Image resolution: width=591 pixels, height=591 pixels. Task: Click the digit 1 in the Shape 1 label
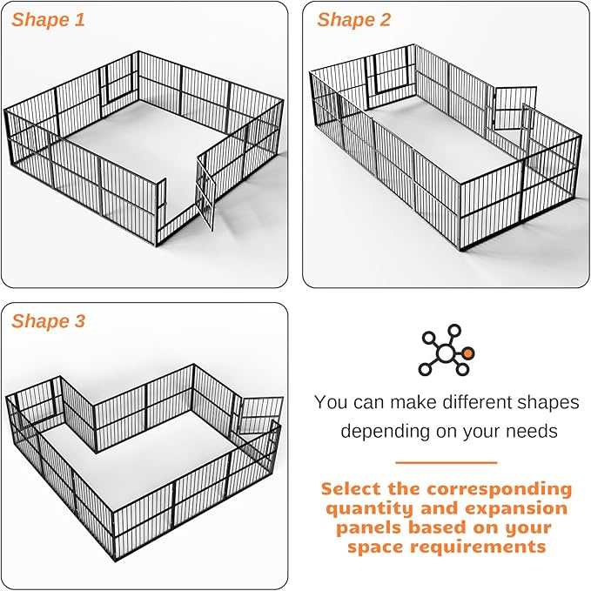tap(80, 20)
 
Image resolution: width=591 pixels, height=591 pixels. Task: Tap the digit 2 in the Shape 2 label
tap(385, 20)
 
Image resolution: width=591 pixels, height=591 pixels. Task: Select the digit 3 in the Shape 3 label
tap(80, 321)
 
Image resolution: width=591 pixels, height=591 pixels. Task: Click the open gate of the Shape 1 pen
tap(205, 191)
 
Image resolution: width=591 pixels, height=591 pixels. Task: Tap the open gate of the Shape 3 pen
tap(262, 413)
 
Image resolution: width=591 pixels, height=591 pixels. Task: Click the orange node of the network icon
tap(469, 353)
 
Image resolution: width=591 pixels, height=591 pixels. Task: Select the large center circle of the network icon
tap(446, 353)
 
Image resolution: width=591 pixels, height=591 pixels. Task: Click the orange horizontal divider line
tap(446, 463)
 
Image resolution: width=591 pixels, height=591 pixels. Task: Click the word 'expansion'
tap(515, 508)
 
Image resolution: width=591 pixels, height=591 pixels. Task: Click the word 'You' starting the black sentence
tap(331, 402)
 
